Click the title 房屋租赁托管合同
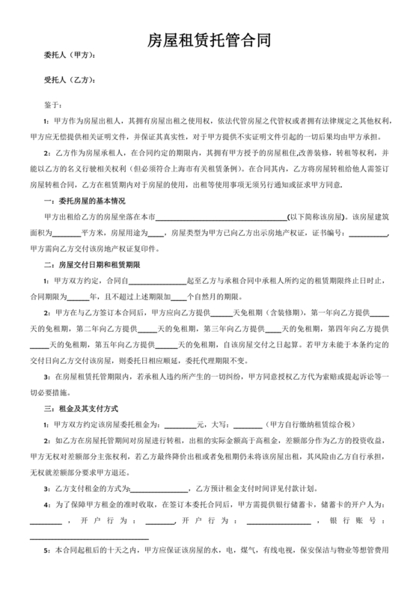point(209,41)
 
